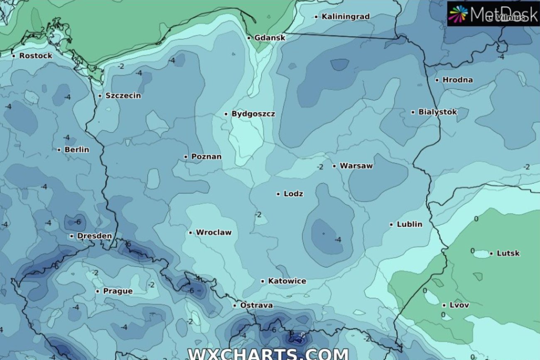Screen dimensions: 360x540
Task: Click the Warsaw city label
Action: [x=356, y=166]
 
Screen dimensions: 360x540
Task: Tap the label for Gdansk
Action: [x=270, y=38]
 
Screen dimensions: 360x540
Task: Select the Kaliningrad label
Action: [x=345, y=17]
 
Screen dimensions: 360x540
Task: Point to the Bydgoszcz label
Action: [x=253, y=114]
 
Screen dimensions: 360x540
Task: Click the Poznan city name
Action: [x=206, y=157]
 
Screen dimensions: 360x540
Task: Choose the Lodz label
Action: [x=293, y=193]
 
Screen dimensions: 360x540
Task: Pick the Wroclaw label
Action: [x=214, y=232]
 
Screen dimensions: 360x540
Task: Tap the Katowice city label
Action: [x=287, y=281]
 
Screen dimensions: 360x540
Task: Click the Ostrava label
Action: [x=256, y=306]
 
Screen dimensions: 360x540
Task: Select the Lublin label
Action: [x=409, y=224]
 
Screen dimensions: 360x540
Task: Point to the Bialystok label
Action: [x=437, y=112]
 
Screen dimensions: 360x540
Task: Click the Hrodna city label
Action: [x=457, y=80]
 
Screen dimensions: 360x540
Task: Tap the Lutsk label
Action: [x=508, y=253]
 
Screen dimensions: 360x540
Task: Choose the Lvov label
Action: [x=459, y=305]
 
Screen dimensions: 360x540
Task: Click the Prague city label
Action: [x=118, y=291]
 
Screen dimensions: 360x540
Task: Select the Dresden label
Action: [x=94, y=236]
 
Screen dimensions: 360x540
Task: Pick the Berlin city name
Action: [x=76, y=149]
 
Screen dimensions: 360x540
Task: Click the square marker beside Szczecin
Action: [x=100, y=96]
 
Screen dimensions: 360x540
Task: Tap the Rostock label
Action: [x=36, y=56]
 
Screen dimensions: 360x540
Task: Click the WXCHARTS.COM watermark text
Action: [x=268, y=354]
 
